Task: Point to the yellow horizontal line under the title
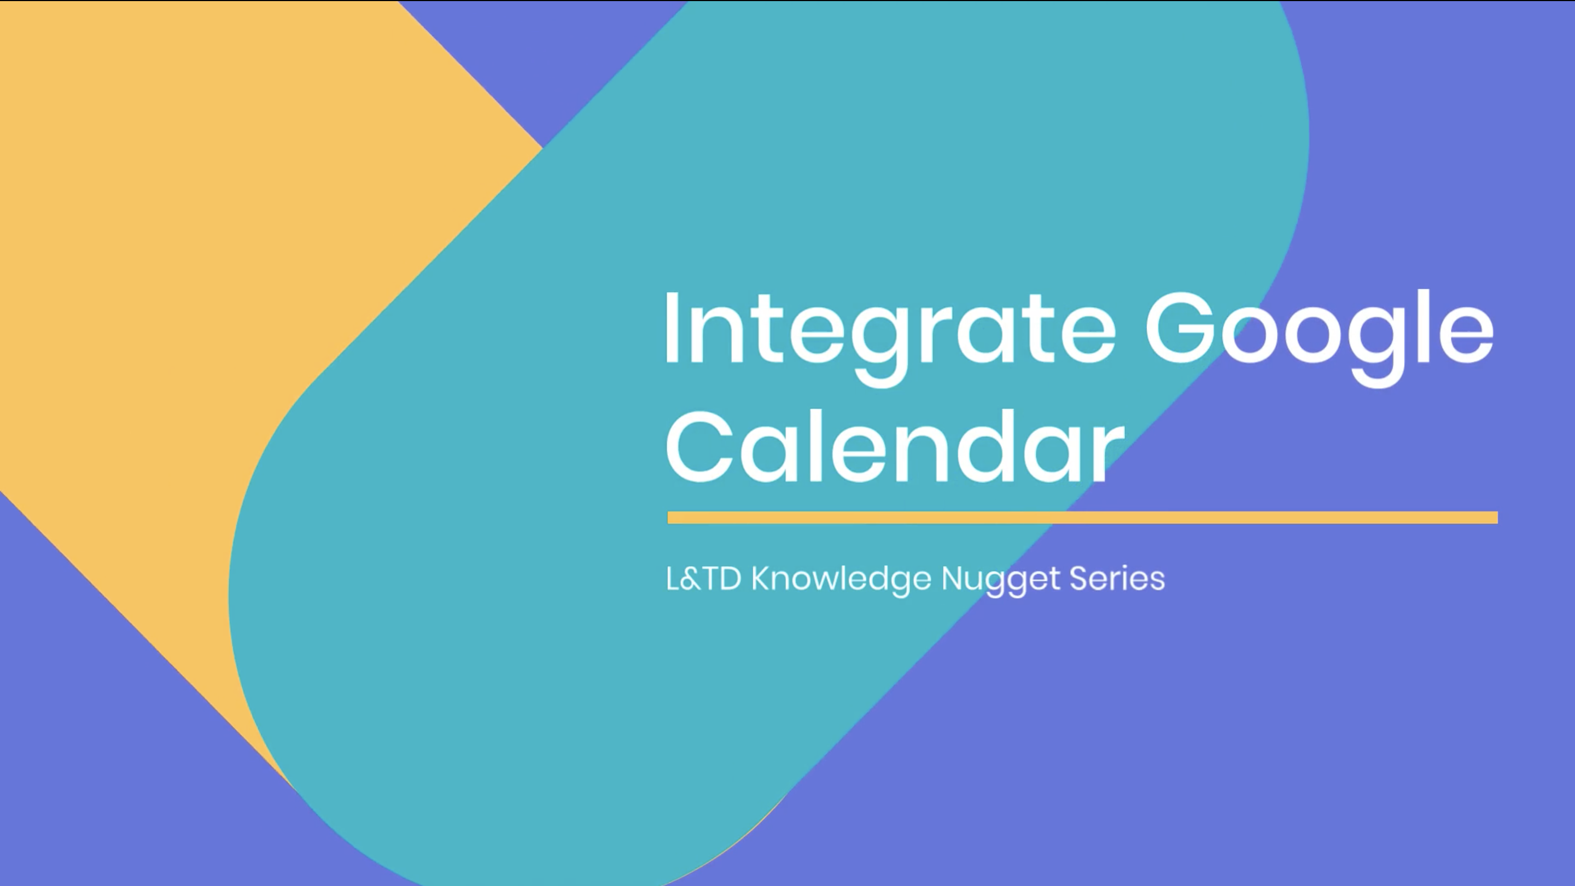(1083, 518)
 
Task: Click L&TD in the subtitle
(704, 579)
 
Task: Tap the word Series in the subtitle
(1118, 579)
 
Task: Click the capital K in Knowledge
(761, 579)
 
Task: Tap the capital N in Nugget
(952, 579)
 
